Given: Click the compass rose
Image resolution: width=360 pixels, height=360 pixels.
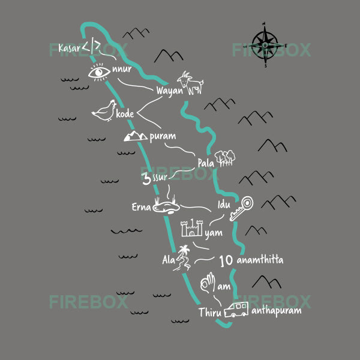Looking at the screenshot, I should point(265,43).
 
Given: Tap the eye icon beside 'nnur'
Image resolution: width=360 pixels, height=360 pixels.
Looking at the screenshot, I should point(99,73).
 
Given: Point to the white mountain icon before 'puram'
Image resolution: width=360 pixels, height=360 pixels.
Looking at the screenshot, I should point(135,136).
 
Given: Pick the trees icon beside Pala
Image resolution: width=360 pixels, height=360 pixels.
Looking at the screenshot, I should point(224,158).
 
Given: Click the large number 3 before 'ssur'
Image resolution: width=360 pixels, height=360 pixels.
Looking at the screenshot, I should point(146,178).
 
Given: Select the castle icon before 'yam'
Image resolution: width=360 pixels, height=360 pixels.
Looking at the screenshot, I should point(191,229).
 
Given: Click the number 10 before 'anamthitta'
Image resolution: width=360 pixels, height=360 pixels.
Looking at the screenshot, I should point(226,261).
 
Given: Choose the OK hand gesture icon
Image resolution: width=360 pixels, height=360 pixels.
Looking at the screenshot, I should point(208,283).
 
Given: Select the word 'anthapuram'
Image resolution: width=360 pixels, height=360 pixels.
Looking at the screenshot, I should point(276,311).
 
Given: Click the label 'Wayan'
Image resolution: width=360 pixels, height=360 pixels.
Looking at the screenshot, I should point(169,91).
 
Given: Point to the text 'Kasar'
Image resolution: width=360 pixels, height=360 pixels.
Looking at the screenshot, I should point(69,48).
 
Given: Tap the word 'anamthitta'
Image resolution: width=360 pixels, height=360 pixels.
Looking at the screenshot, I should point(260,260).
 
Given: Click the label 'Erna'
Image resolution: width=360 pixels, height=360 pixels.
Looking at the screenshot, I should point(142,208).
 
